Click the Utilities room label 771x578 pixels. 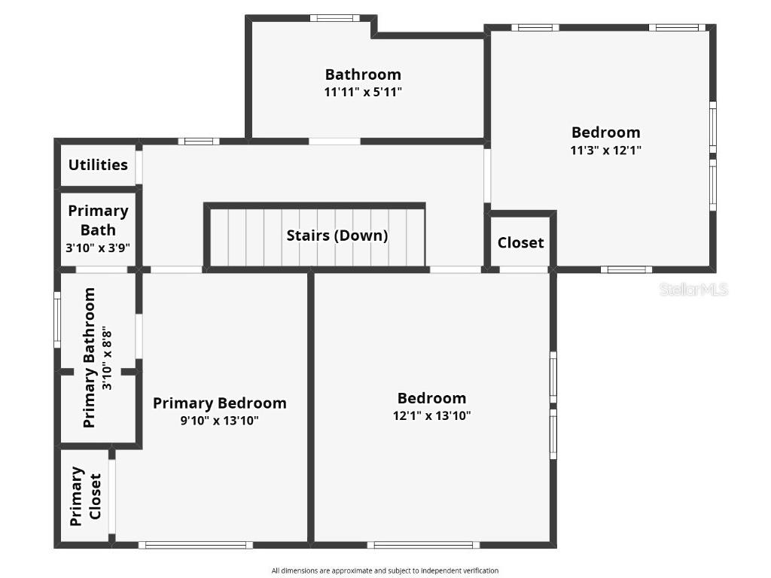pyautogui.click(x=98, y=165)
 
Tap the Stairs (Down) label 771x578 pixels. pyautogui.click(x=337, y=236)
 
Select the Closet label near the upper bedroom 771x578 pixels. pyautogui.click(x=520, y=242)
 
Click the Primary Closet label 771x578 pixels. pyautogui.click(x=85, y=497)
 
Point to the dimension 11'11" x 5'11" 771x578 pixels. pyautogui.click(x=363, y=92)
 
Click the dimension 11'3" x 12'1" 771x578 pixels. pyautogui.click(x=605, y=150)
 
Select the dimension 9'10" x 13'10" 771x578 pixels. pyautogui.click(x=219, y=421)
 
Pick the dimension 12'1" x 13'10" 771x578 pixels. pyautogui.click(x=431, y=415)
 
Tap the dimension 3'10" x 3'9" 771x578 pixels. pyautogui.click(x=98, y=247)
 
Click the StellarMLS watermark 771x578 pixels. pyautogui.click(x=693, y=290)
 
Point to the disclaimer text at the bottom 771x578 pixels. pyautogui.click(x=385, y=570)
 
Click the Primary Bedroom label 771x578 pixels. pyautogui.click(x=219, y=403)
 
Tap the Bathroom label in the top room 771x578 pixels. pyautogui.click(x=363, y=75)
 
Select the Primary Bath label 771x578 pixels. pyautogui.click(x=98, y=220)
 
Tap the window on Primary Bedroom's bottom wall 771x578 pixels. pyautogui.click(x=196, y=545)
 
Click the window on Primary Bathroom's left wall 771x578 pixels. pyautogui.click(x=57, y=319)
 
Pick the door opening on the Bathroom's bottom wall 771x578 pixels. pyautogui.click(x=334, y=141)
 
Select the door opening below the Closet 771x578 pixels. pyautogui.click(x=524, y=269)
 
